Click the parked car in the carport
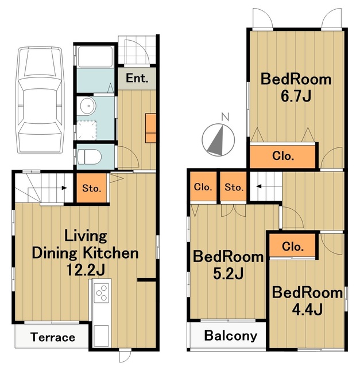click(40, 100)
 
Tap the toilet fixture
click(90, 157)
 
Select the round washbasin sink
click(87, 106)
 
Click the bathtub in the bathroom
click(95, 57)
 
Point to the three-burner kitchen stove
click(102, 292)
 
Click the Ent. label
click(137, 78)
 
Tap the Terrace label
click(53, 337)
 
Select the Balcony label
click(231, 336)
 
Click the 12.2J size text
click(86, 270)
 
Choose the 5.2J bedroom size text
click(228, 273)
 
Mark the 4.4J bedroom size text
click(307, 309)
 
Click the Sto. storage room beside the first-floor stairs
click(92, 188)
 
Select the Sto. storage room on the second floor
click(233, 186)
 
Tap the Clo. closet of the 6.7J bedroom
click(283, 155)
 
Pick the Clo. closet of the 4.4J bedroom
click(293, 246)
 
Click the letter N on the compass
click(225, 116)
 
